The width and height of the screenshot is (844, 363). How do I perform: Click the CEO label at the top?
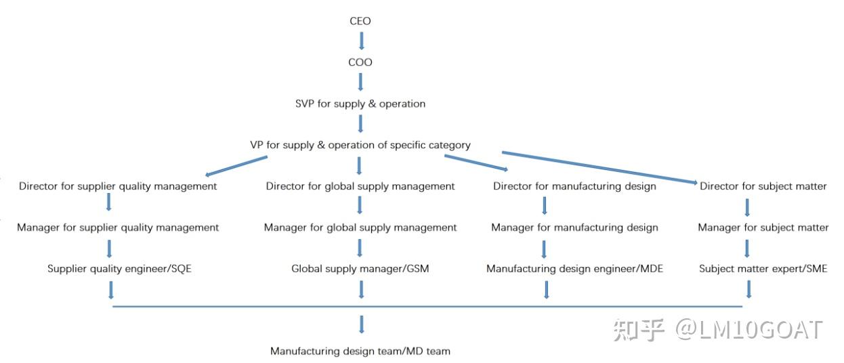tap(360, 21)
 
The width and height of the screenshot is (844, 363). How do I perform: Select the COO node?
tap(360, 62)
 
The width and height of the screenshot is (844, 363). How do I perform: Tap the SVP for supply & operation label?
tap(360, 104)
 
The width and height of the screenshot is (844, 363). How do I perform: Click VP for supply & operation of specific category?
tap(360, 145)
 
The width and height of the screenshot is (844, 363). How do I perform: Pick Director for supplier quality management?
tap(118, 186)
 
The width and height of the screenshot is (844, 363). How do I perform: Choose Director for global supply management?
tap(360, 186)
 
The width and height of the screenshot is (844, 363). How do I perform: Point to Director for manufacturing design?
tap(574, 186)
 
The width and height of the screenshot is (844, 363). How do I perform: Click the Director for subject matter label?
tap(763, 186)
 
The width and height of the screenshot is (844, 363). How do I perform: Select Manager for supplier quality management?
tap(118, 228)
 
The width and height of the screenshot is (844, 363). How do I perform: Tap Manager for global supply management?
tap(360, 228)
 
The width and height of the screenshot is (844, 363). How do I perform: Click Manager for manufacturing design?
tap(574, 228)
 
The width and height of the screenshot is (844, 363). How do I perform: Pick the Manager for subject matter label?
tap(763, 228)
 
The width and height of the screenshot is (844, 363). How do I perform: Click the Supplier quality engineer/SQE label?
tap(119, 269)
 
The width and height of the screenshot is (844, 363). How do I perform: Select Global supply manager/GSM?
tap(360, 269)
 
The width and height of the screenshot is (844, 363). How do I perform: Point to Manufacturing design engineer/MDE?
tap(574, 269)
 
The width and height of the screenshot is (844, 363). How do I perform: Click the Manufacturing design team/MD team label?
tap(360, 351)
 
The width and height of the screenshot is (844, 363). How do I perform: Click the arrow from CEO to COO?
tap(361, 41)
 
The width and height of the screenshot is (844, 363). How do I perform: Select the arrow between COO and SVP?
tap(360, 82)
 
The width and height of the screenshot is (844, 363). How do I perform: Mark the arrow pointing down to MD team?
tap(362, 324)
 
